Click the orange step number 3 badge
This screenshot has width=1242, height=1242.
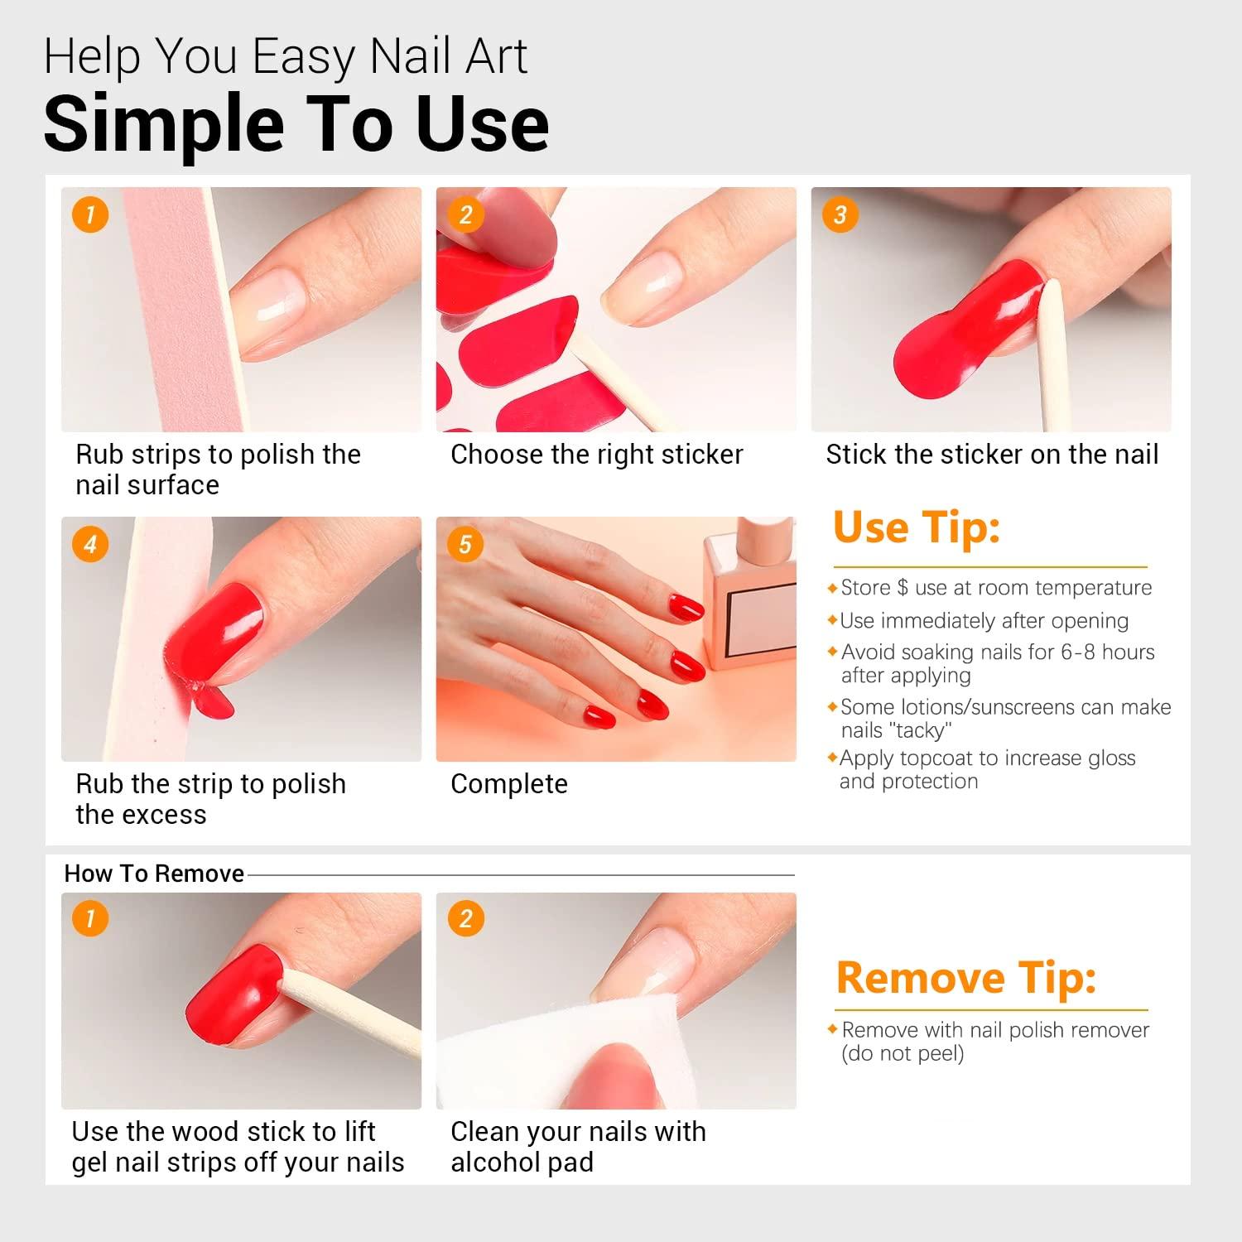coord(840,214)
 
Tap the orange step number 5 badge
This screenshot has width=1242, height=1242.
coord(465,544)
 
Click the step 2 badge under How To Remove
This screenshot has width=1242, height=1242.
coord(465,918)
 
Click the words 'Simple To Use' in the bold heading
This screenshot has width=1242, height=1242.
coord(296,124)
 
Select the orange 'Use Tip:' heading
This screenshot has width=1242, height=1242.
coord(916,527)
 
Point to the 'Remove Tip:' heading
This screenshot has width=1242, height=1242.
coord(965,978)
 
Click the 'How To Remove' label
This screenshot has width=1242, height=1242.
coord(154,874)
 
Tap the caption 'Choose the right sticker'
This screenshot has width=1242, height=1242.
coord(596,454)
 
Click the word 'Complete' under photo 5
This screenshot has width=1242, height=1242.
coord(509,783)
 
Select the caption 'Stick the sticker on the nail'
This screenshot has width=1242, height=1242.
coord(991,454)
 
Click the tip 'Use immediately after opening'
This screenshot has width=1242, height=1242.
coord(984,620)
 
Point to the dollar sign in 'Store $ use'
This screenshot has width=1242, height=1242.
coord(903,588)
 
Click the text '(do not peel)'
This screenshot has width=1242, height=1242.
coord(903,1053)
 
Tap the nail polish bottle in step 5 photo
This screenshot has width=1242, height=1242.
coord(749,596)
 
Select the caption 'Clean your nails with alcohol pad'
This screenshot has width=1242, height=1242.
coord(577,1146)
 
